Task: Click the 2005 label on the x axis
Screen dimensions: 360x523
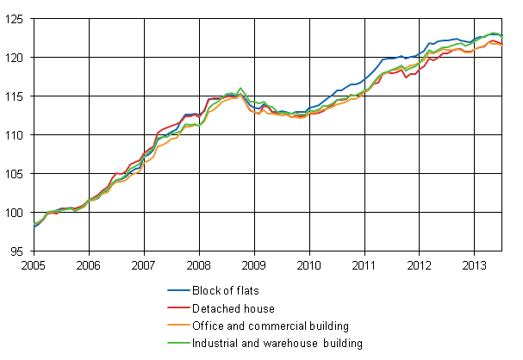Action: (x=33, y=264)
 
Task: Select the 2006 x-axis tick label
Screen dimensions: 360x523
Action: (x=88, y=264)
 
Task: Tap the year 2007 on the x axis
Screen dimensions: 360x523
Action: (x=143, y=264)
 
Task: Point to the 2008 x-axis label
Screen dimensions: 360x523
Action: (x=198, y=264)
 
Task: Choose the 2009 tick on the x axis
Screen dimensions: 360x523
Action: (x=253, y=264)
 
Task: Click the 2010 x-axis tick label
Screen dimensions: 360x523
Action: (x=308, y=264)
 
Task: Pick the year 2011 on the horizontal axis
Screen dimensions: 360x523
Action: (x=364, y=264)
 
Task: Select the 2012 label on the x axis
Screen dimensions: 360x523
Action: (x=419, y=264)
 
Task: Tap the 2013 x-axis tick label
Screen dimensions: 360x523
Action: (x=474, y=264)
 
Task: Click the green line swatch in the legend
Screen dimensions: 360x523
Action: (x=179, y=344)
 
